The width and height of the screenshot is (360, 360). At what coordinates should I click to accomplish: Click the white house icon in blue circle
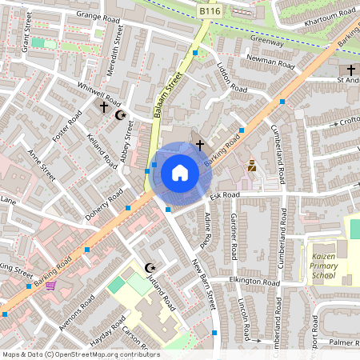point(180,173)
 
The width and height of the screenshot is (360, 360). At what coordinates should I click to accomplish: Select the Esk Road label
point(226,194)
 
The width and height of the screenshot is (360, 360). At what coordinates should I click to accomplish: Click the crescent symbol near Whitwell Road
point(121,115)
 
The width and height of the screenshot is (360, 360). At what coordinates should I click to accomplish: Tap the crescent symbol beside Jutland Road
point(148,266)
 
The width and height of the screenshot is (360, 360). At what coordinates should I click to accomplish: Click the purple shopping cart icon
point(50,285)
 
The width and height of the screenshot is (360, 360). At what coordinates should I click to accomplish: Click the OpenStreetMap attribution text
point(81,354)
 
